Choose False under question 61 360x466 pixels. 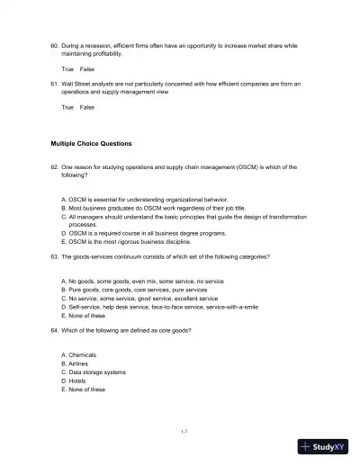coord(87,107)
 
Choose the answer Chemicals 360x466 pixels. coord(81,355)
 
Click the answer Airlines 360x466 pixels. coord(79,363)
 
